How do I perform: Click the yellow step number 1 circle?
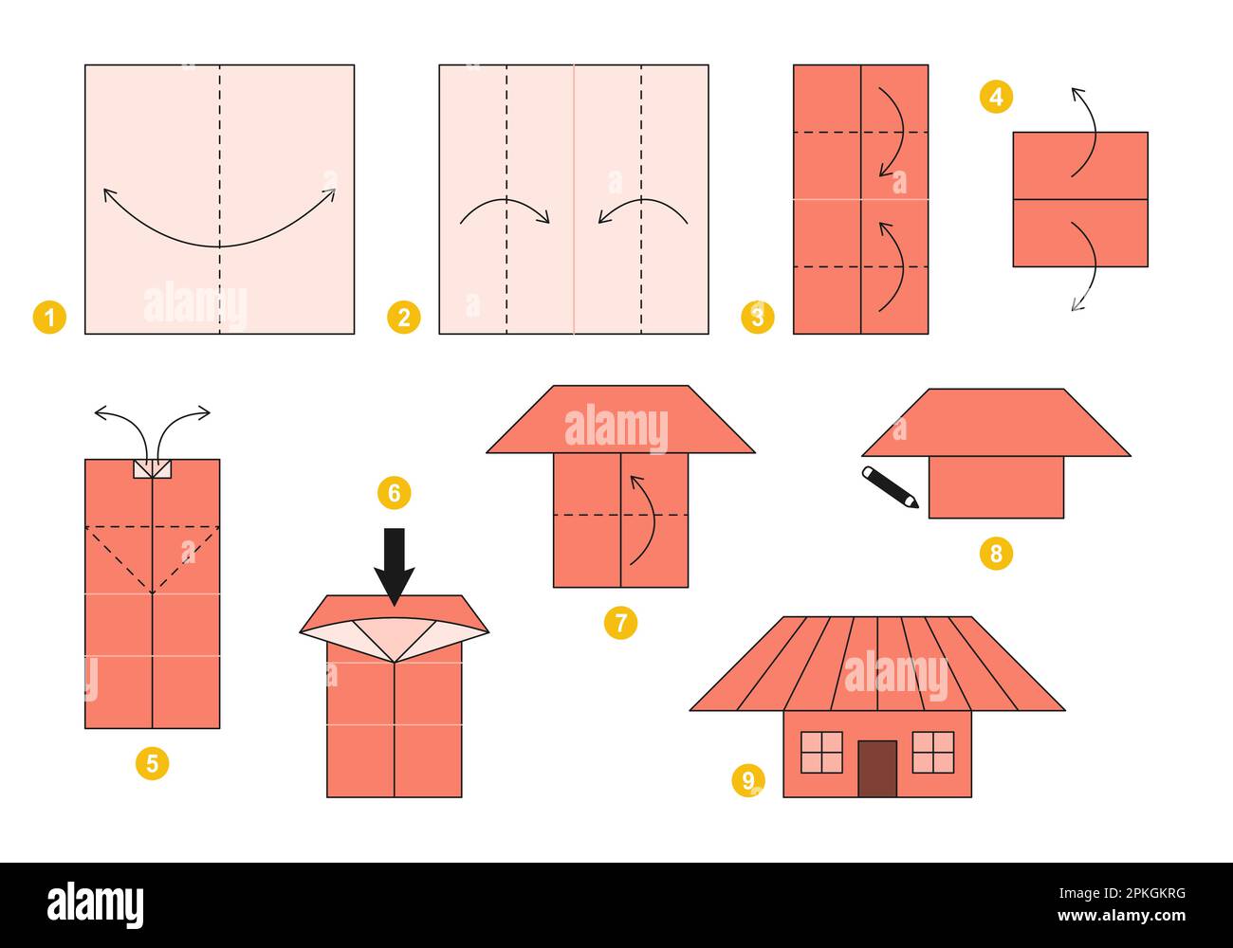(x=49, y=317)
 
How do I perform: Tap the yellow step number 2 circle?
(x=404, y=317)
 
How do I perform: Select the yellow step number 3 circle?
(x=757, y=317)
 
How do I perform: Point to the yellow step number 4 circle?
(x=996, y=97)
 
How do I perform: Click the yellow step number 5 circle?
(x=152, y=762)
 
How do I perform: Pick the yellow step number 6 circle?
(x=394, y=493)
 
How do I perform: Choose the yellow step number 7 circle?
(x=620, y=623)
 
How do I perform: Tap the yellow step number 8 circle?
(x=996, y=553)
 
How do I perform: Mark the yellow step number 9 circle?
(x=748, y=780)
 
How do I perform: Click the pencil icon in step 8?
(x=890, y=487)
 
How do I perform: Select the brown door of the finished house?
(x=877, y=768)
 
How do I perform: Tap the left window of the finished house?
(x=821, y=752)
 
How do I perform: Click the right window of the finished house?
(x=933, y=752)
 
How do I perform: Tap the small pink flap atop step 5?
(x=153, y=468)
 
